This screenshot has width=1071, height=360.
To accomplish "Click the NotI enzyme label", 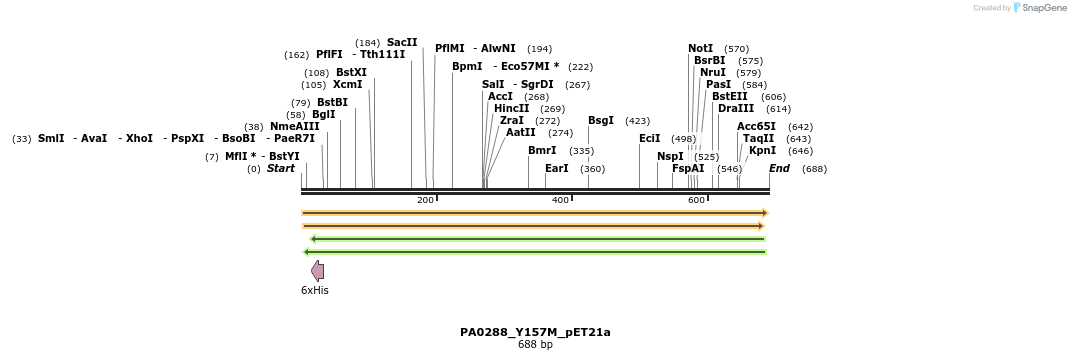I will (701, 48).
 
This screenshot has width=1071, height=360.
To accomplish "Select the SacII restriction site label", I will (402, 42).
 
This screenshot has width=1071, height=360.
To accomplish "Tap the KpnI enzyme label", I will (762, 151).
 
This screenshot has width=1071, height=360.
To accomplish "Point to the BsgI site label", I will (601, 121).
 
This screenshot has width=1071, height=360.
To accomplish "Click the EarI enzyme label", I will (557, 168).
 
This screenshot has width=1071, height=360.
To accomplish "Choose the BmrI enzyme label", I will (542, 150).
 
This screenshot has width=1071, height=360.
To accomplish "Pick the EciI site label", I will (650, 138).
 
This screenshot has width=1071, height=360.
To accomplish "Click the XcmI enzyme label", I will (348, 85).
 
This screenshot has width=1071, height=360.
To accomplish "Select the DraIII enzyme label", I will (735, 108).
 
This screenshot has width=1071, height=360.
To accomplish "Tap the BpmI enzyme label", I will (467, 66).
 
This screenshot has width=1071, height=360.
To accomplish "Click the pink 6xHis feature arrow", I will (318, 271).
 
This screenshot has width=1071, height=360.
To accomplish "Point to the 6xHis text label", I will (315, 291).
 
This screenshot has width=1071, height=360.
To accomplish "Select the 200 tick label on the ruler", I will (425, 200).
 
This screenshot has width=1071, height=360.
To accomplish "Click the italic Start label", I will (281, 168).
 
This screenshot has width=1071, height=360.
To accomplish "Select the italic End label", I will (779, 168).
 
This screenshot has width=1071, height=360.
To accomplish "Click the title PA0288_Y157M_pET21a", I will (535, 332).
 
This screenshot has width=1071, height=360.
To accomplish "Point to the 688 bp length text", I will (535, 345).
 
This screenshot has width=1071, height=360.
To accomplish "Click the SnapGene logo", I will (1038, 8).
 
